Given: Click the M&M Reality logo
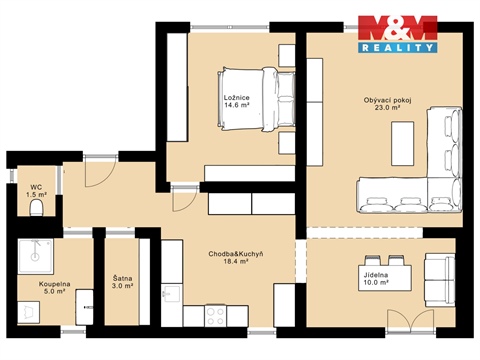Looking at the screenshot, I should (397, 34).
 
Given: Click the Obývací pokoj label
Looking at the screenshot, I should (388, 101).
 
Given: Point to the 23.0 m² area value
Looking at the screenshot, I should (388, 111).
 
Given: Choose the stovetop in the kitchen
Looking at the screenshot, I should (216, 315).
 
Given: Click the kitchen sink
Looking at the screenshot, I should (171, 296).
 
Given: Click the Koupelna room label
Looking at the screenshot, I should (55, 284).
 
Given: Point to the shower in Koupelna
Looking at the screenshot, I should (37, 258).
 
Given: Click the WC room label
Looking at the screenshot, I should (35, 186).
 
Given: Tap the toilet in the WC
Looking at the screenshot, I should (36, 209).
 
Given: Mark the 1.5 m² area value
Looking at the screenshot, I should (35, 196).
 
